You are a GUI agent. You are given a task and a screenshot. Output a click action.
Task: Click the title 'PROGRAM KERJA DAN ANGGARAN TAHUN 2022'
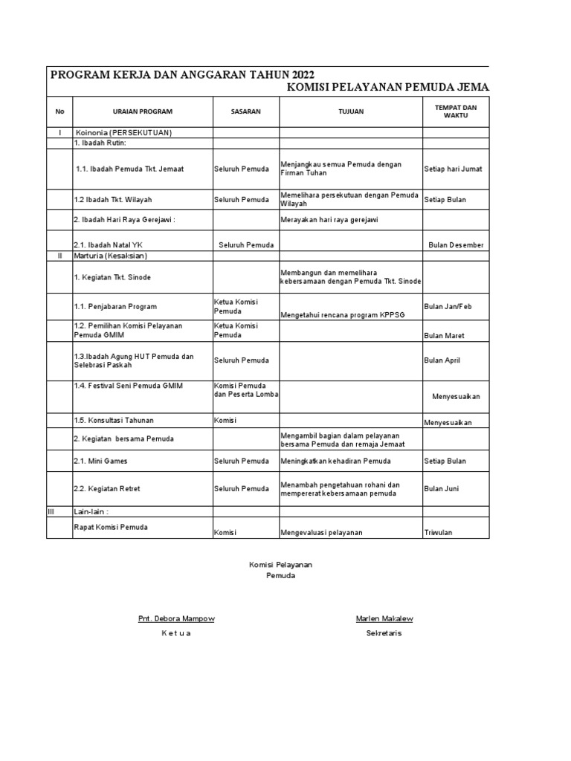pyautogui.click(x=181, y=75)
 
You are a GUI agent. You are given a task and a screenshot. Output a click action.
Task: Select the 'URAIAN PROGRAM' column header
pyautogui.click(x=143, y=111)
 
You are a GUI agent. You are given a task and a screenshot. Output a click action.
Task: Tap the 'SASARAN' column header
pyautogui.click(x=245, y=111)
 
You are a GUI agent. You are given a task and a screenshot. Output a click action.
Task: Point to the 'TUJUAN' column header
pyautogui.click(x=350, y=111)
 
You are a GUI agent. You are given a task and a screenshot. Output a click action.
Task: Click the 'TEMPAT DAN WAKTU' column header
pyautogui.click(x=456, y=111)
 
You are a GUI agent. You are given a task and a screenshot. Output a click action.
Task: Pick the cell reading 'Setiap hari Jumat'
pyautogui.click(x=453, y=169)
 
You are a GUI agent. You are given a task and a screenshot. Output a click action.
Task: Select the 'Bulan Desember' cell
pyautogui.click(x=456, y=245)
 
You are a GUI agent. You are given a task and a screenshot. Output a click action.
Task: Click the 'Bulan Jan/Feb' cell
pyautogui.click(x=448, y=307)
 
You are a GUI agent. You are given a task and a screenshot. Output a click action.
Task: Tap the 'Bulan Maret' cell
pyautogui.click(x=445, y=336)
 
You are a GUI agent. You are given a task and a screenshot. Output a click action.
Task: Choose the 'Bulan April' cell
pyautogui.click(x=442, y=360)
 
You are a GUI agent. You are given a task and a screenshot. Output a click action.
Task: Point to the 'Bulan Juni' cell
pyautogui.click(x=441, y=489)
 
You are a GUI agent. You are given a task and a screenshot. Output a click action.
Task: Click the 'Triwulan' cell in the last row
pyautogui.click(x=438, y=533)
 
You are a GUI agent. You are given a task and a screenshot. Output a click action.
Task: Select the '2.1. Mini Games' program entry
pyautogui.click(x=100, y=462)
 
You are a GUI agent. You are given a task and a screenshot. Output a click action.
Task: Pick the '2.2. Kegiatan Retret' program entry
pyautogui.click(x=107, y=489)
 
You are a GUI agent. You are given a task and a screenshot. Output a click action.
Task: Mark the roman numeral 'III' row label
pyautogui.click(x=51, y=511)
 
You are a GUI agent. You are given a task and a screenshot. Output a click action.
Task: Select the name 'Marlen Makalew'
pyautogui.click(x=384, y=619)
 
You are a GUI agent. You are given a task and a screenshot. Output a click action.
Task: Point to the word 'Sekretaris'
pyautogui.click(x=384, y=634)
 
